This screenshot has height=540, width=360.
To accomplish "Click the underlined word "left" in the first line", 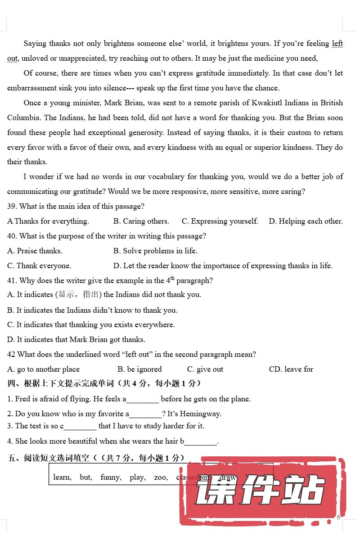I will (x=337, y=44).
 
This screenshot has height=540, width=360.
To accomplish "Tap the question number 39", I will (x=12, y=207).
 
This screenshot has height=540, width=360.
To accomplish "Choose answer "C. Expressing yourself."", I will (x=220, y=221).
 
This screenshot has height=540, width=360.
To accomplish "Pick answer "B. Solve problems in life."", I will (x=155, y=251).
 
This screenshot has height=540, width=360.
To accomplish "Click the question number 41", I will (x=12, y=281).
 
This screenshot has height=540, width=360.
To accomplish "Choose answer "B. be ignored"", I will (x=139, y=369).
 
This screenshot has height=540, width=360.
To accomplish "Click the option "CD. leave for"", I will (x=291, y=369).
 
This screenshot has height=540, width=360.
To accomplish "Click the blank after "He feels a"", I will (x=143, y=399).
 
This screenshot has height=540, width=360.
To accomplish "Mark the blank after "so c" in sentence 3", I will (x=80, y=426).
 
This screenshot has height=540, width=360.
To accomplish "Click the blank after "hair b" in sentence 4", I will (x=201, y=441).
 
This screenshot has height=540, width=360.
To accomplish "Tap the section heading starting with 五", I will (x=96, y=458).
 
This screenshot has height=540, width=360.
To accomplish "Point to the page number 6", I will (x=338, y=517).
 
